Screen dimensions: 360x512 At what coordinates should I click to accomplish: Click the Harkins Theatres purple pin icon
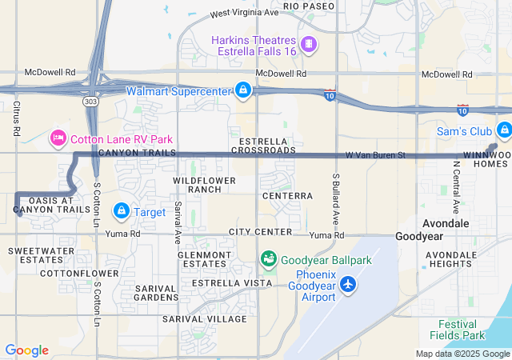pyautogui.click(x=307, y=42)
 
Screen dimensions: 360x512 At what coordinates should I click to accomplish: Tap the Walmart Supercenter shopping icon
pyautogui.click(x=242, y=90)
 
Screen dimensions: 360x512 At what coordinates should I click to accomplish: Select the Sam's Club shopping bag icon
pyautogui.click(x=503, y=130)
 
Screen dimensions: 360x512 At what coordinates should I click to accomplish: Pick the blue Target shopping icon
pyautogui.click(x=121, y=211)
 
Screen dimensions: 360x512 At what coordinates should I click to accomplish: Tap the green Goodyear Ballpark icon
pyautogui.click(x=268, y=259)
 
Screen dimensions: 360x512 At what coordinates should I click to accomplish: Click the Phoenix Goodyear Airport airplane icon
pyautogui.click(x=348, y=284)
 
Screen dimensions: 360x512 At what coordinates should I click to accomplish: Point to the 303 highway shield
pyautogui.click(x=88, y=102)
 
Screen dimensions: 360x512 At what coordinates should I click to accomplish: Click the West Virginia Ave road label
pyautogui.click(x=244, y=14)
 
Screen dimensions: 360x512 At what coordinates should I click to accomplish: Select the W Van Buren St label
pyautogui.click(x=376, y=154)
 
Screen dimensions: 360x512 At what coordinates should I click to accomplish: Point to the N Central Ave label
pyautogui.click(x=456, y=188)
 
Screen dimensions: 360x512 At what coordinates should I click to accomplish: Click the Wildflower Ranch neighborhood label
pyautogui.click(x=205, y=186)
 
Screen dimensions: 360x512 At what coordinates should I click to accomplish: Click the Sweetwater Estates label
pyautogui.click(x=35, y=255)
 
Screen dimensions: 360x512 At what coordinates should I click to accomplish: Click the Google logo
pyautogui.click(x=26, y=350)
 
